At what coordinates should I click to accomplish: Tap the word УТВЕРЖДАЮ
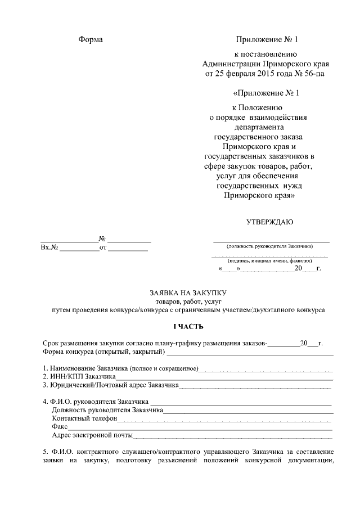click(x=269, y=222)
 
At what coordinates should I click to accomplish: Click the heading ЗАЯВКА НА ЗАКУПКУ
click(x=187, y=293)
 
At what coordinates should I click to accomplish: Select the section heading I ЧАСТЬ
click(x=187, y=327)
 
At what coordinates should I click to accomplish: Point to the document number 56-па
click(x=313, y=73)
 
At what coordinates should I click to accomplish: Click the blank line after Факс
click(x=200, y=427)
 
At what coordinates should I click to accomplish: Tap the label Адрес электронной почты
click(x=92, y=435)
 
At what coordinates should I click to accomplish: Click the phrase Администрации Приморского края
click(x=265, y=64)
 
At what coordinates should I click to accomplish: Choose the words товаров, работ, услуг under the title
click(x=187, y=301)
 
